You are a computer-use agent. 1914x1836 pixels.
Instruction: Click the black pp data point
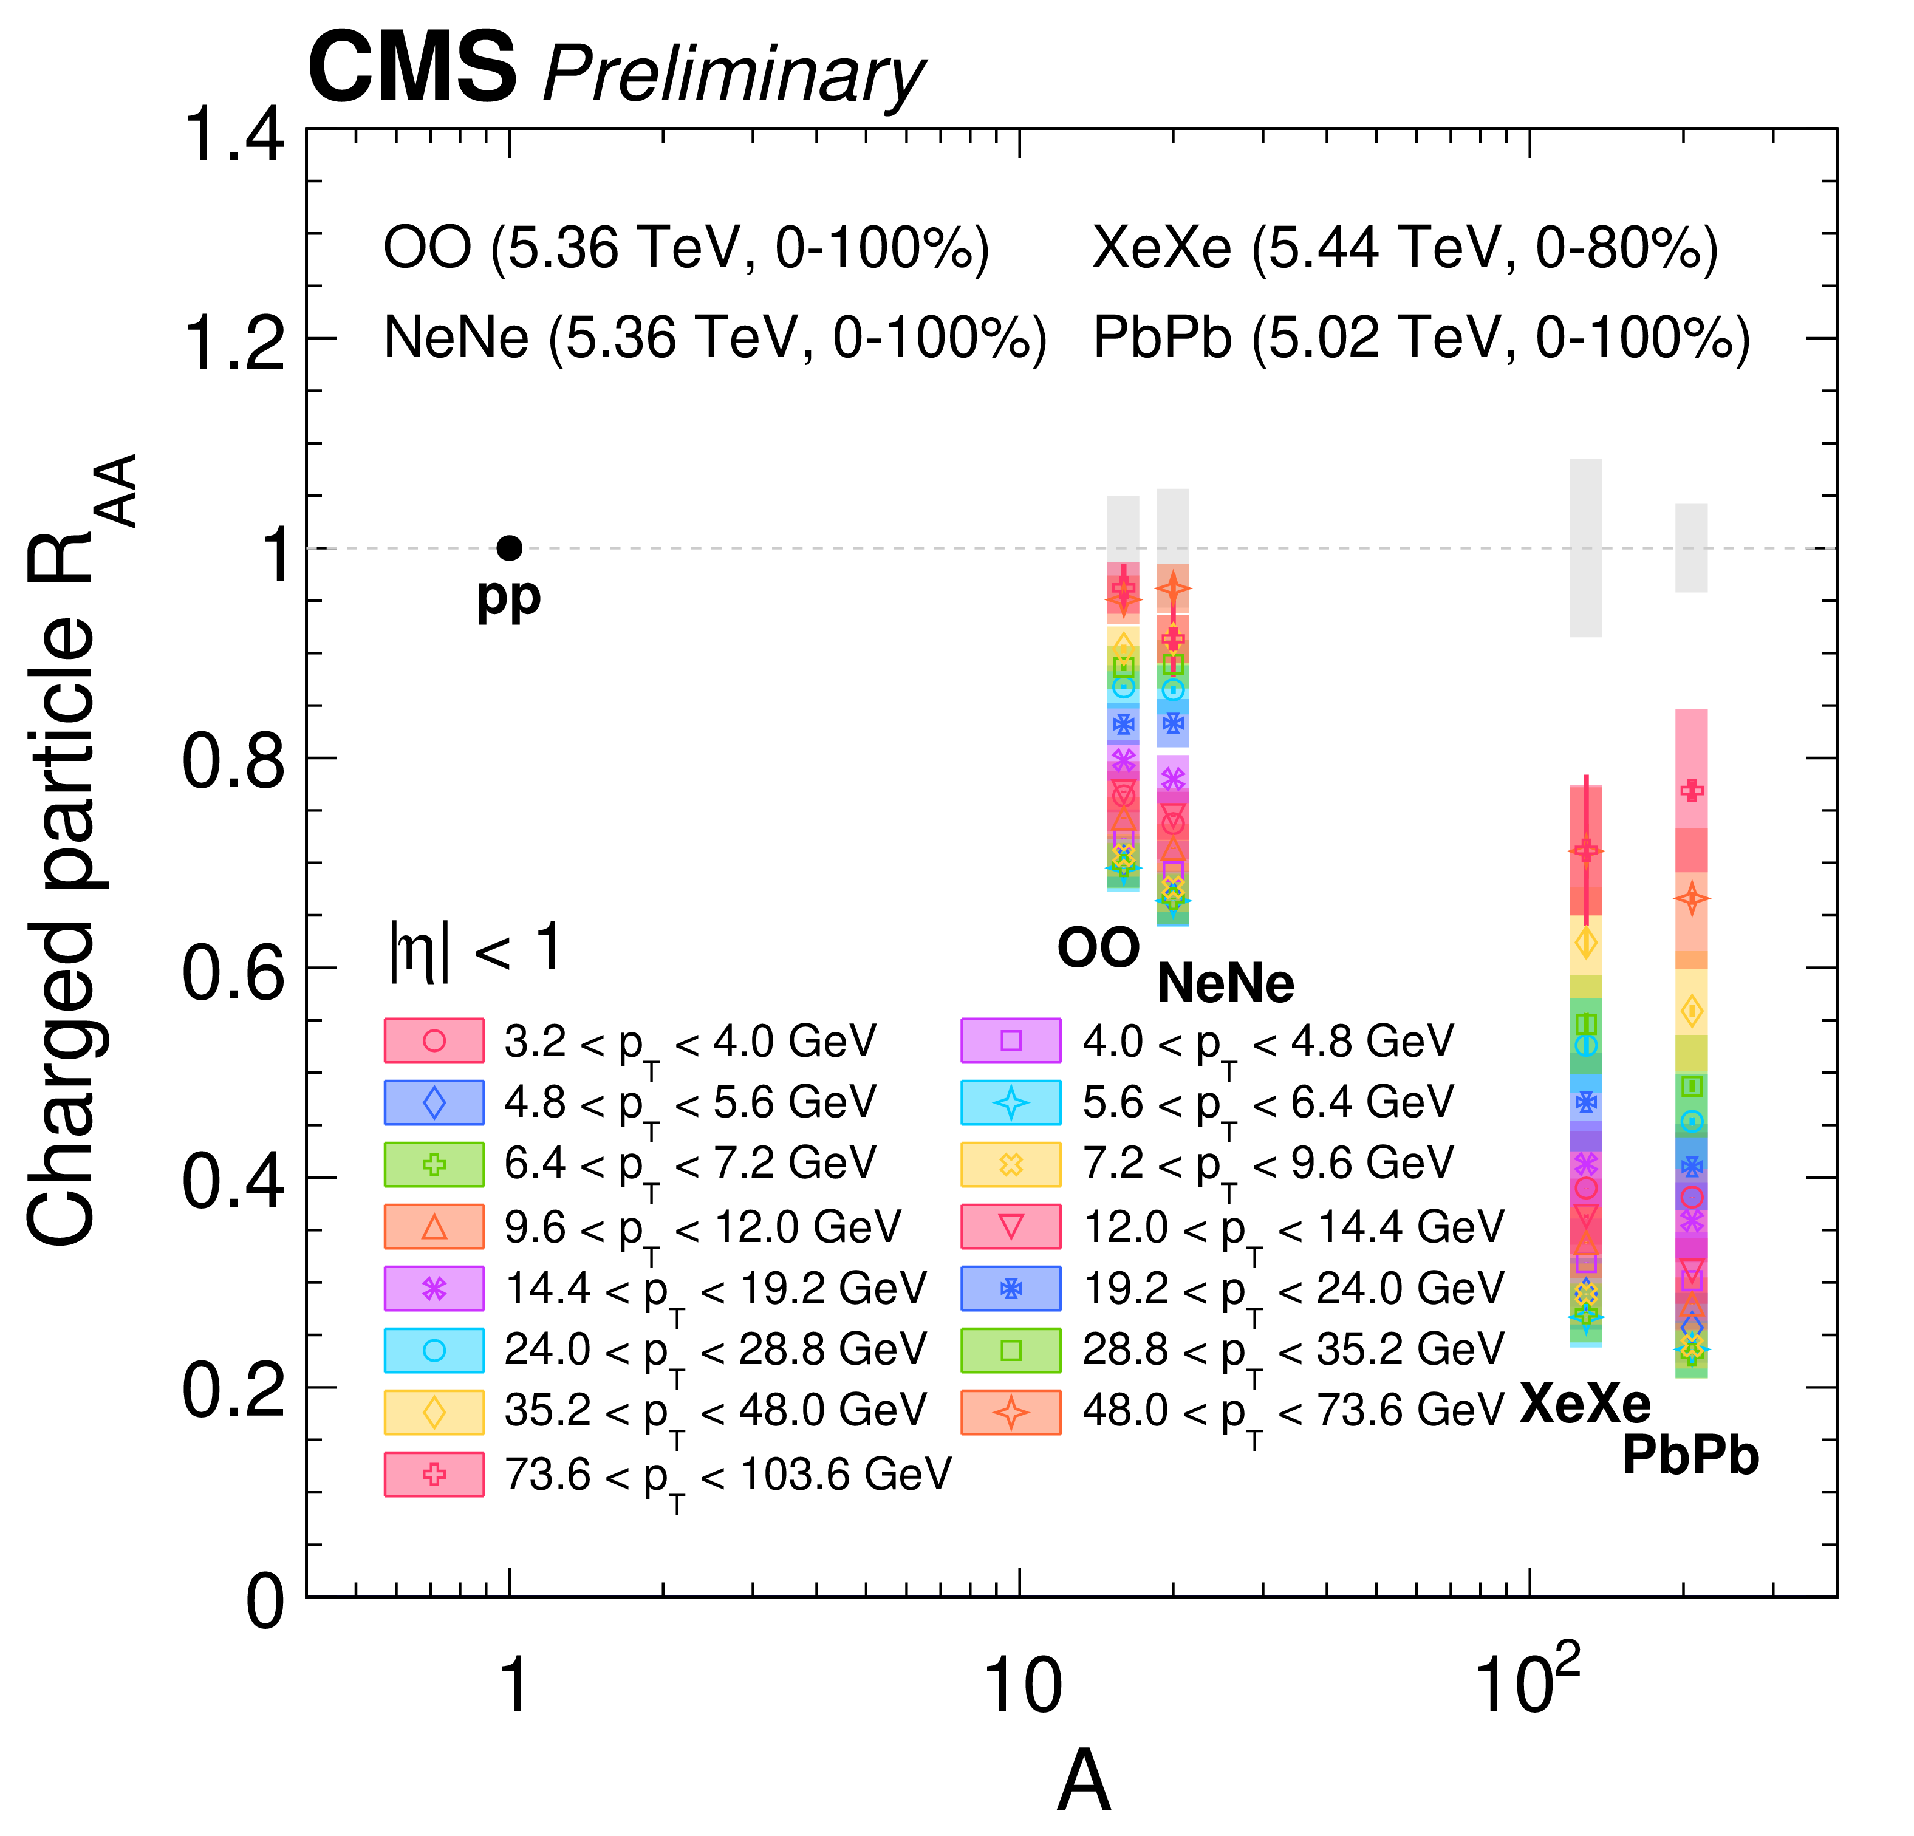point(509,548)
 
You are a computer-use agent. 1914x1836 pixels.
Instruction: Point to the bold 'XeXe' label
point(1585,1404)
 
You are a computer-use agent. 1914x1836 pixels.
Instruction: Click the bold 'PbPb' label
point(1690,1456)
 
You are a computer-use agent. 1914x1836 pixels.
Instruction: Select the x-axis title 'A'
point(1084,1780)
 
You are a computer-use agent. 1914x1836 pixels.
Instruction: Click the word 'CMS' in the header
point(411,69)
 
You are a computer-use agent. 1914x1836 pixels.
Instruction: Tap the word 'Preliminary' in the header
point(733,76)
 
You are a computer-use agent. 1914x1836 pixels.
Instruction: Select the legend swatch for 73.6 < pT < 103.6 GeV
point(434,1473)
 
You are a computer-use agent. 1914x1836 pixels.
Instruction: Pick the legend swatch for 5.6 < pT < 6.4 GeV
point(1011,1102)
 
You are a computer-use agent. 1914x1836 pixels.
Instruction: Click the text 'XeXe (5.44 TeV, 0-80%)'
point(1405,248)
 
